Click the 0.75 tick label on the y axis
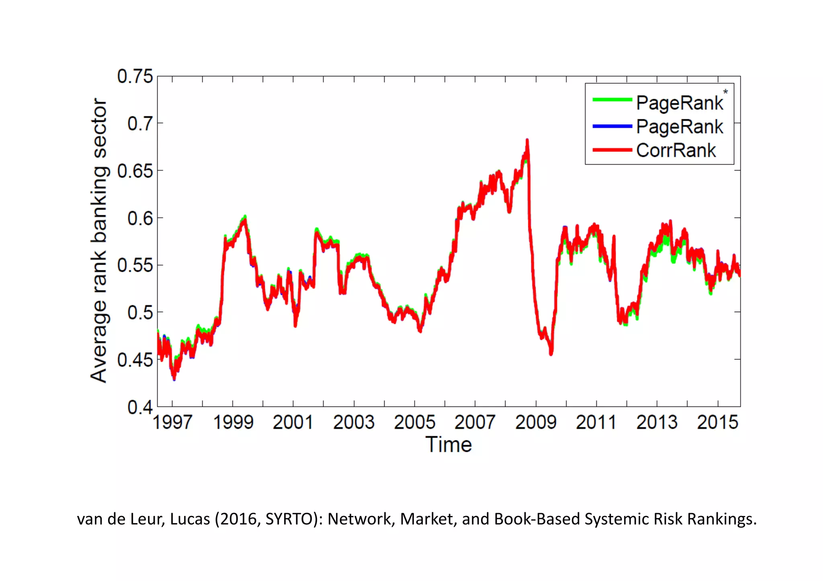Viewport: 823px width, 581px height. point(135,76)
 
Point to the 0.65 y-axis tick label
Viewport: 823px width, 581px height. point(135,171)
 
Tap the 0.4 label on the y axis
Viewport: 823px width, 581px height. point(140,407)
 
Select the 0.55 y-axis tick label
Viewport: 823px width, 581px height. point(135,265)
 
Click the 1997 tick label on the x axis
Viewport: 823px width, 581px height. point(172,422)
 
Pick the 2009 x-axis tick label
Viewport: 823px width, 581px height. point(536,422)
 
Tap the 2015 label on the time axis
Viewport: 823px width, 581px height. point(717,422)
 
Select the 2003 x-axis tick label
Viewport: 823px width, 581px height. point(354,422)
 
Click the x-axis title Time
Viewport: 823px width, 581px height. point(448,445)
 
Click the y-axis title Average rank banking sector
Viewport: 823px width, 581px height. point(99,240)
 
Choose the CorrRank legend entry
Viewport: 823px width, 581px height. point(676,151)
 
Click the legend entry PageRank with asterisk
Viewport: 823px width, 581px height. point(680,103)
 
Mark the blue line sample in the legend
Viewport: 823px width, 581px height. point(612,126)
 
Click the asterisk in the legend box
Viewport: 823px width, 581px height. point(725,92)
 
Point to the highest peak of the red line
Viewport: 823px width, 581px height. point(527,141)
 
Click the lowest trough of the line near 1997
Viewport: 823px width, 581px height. point(174,378)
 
